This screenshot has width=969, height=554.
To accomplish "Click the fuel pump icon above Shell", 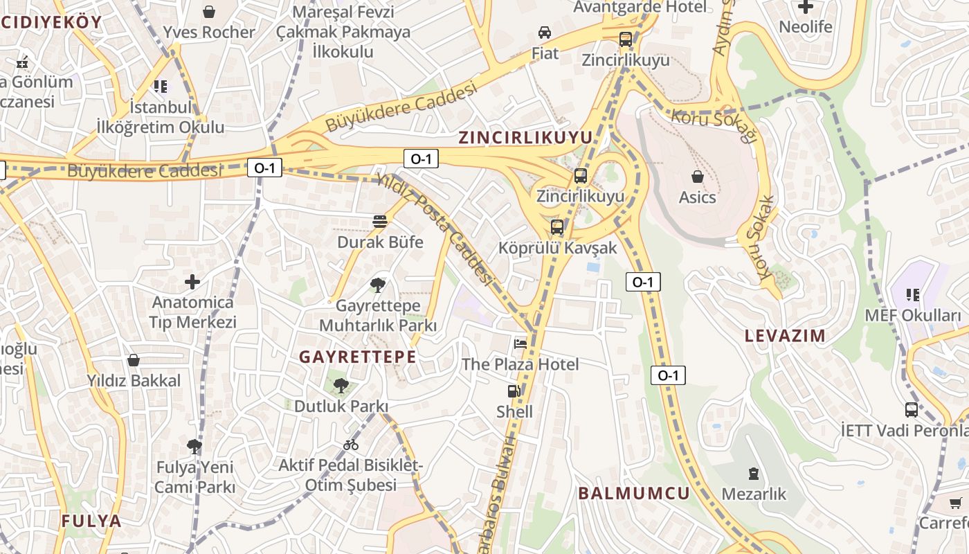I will click(x=514, y=391).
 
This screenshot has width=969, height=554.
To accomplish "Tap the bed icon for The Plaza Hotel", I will click(x=520, y=343).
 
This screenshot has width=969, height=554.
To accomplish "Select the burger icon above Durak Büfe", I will click(x=379, y=222).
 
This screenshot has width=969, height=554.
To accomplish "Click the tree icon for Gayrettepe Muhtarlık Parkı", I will click(x=377, y=285).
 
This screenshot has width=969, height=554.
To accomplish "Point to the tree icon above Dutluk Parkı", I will click(x=340, y=386).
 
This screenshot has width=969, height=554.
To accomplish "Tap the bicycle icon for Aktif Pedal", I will click(x=351, y=445).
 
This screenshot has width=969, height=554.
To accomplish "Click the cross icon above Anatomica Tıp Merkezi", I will click(x=192, y=282).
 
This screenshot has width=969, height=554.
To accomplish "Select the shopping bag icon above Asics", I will click(x=697, y=177).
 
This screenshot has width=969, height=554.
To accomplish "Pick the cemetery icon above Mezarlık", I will click(x=753, y=474).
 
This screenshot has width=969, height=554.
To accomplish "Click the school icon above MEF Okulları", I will click(x=913, y=295).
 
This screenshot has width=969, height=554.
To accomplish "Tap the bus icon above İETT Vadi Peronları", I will click(x=912, y=410).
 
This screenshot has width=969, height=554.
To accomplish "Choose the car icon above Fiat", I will click(x=545, y=33).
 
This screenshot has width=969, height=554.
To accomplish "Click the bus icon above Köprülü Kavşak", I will click(x=557, y=227).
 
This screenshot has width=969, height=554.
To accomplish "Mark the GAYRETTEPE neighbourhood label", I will click(x=358, y=357).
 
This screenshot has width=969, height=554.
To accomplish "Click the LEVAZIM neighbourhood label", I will click(x=785, y=337).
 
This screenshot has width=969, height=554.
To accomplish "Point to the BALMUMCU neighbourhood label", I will click(x=634, y=493).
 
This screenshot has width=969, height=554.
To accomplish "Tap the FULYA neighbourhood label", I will click(x=91, y=521).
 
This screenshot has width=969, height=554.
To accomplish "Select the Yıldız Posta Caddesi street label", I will click(x=435, y=229).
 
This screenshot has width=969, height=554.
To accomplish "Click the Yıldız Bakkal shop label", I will click(x=134, y=380).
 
